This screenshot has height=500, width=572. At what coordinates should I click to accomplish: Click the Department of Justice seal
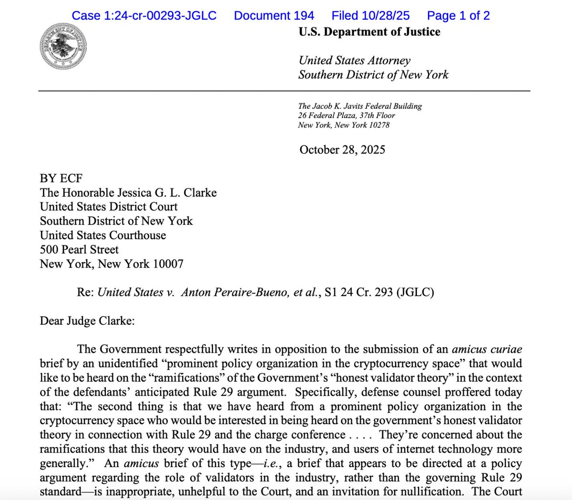63,47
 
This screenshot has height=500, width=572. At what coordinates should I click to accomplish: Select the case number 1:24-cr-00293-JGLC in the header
144,16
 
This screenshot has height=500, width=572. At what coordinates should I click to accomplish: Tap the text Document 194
274,16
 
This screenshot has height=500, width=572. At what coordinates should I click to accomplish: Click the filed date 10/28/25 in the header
385,16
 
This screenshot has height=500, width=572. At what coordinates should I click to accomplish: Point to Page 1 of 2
458,16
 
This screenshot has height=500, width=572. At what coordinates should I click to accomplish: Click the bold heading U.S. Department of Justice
369,32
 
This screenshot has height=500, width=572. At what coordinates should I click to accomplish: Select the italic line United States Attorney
354,61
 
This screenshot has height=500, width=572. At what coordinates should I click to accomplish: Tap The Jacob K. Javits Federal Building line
360,106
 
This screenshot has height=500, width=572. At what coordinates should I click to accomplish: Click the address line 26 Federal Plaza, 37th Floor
347,115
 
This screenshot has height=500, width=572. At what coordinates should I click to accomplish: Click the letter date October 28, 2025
342,150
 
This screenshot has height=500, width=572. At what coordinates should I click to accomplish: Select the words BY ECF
61,178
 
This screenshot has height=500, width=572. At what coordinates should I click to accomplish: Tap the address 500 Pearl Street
79,250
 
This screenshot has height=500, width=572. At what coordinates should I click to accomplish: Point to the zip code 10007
168,264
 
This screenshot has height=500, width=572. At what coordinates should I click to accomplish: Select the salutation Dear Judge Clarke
87,321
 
